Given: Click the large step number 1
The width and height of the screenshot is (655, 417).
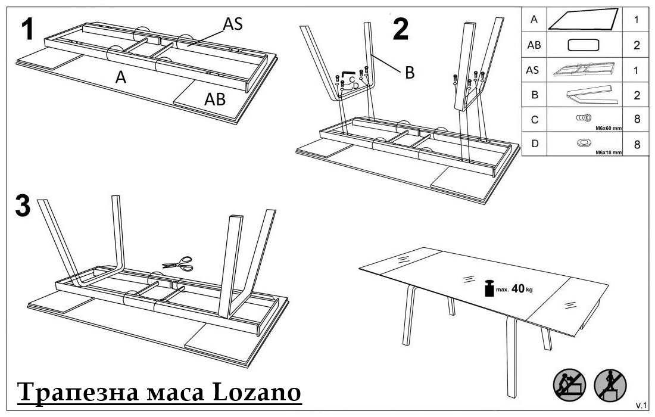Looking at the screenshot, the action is click(x=27, y=29).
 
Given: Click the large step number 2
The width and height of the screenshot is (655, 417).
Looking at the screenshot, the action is click(x=401, y=29).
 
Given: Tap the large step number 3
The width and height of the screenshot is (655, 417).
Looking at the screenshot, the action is click(x=23, y=206).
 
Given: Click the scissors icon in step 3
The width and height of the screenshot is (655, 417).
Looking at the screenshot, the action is click(x=178, y=264).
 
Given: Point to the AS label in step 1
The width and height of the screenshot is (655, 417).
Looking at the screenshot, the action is click(x=233, y=24).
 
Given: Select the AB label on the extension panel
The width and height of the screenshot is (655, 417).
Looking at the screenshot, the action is click(x=215, y=99).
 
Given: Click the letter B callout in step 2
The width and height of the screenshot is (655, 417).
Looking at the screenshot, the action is click(x=410, y=73).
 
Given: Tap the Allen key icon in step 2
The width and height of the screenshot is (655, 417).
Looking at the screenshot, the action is click(x=348, y=74).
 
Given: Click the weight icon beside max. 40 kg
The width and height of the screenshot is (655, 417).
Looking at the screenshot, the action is click(x=489, y=288).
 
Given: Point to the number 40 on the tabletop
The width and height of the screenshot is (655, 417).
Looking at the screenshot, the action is click(x=517, y=288).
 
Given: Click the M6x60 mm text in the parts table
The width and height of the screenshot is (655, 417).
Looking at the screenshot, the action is click(x=609, y=128).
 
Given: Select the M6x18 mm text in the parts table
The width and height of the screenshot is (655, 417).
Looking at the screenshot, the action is click(x=609, y=153).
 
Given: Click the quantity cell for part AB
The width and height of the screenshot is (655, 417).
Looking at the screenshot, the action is click(x=636, y=45).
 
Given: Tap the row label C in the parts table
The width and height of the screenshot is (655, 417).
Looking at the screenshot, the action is click(x=534, y=120).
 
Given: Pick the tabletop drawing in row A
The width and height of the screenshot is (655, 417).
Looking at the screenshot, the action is click(x=583, y=19).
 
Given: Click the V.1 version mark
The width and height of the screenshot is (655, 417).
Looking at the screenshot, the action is click(x=641, y=405).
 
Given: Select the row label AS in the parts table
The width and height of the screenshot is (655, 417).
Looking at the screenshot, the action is click(x=532, y=70).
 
